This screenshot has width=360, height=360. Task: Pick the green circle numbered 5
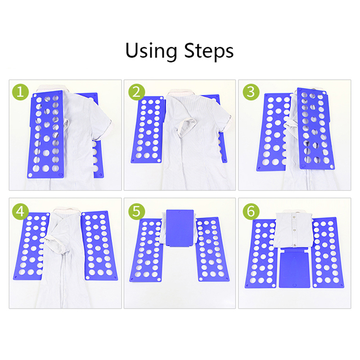click(x=136, y=211)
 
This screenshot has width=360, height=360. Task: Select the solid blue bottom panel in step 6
click(x=294, y=270)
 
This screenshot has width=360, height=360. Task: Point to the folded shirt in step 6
click(x=294, y=229)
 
